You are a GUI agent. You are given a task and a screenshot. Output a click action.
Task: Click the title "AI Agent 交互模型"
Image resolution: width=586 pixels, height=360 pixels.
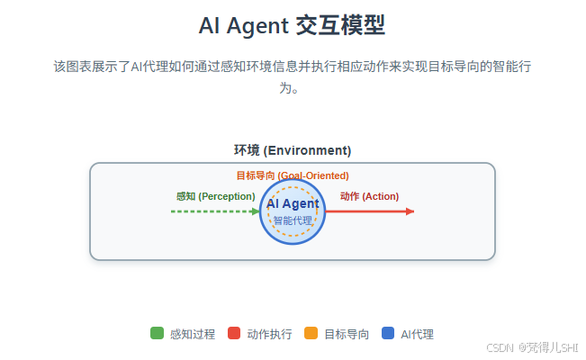tap(293, 25)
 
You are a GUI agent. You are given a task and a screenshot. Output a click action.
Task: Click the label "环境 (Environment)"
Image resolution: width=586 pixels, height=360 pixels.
tap(293, 150)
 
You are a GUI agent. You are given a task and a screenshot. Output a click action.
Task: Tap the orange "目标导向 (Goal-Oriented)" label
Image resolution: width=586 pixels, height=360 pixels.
tap(293, 175)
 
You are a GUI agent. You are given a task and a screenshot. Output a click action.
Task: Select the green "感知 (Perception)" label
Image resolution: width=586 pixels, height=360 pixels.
tap(216, 196)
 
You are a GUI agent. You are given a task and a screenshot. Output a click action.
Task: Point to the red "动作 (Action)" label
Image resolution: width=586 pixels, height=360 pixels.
tap(369, 196)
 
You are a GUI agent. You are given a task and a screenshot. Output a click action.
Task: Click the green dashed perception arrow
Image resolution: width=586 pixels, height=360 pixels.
tap(214, 211)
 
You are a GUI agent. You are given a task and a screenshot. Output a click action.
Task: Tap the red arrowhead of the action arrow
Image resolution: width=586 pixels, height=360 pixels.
tap(410, 211)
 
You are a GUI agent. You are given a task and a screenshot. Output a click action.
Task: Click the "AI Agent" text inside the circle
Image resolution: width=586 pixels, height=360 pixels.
tap(293, 204)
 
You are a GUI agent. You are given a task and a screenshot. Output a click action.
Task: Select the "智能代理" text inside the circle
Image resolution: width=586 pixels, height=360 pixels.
tap(293, 220)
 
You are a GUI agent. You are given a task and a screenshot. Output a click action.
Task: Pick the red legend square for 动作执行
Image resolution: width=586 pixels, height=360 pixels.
tap(234, 334)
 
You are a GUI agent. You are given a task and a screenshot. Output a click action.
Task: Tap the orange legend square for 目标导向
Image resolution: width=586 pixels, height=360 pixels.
tap(311, 334)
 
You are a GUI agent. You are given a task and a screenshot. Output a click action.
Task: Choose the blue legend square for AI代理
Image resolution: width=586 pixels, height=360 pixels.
tap(388, 334)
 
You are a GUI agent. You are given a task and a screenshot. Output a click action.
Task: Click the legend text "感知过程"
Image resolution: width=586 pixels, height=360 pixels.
tap(193, 334)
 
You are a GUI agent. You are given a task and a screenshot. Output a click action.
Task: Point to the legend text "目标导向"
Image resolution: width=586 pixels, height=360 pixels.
tap(347, 334)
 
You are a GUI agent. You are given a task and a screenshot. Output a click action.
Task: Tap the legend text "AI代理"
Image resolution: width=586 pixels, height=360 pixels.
tap(418, 334)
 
